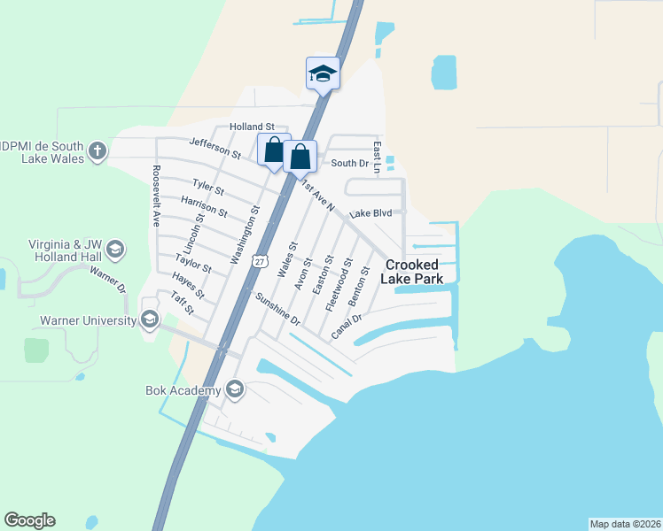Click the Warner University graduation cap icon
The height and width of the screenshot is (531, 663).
[150, 319]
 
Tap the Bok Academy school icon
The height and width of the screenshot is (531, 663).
[235, 389]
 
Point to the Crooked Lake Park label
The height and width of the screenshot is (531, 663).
[410, 271]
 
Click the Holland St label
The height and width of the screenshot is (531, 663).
[253, 127]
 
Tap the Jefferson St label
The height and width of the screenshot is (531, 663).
[215, 147]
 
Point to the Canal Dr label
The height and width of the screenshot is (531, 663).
[347, 327]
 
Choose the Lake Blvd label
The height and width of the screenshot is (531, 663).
[370, 213]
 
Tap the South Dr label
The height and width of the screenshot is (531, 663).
[349, 163]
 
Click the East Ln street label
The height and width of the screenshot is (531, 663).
[377, 158]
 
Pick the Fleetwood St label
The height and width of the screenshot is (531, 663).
[339, 282]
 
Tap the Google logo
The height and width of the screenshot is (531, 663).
[29, 520]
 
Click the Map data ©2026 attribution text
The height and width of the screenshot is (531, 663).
[625, 523]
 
